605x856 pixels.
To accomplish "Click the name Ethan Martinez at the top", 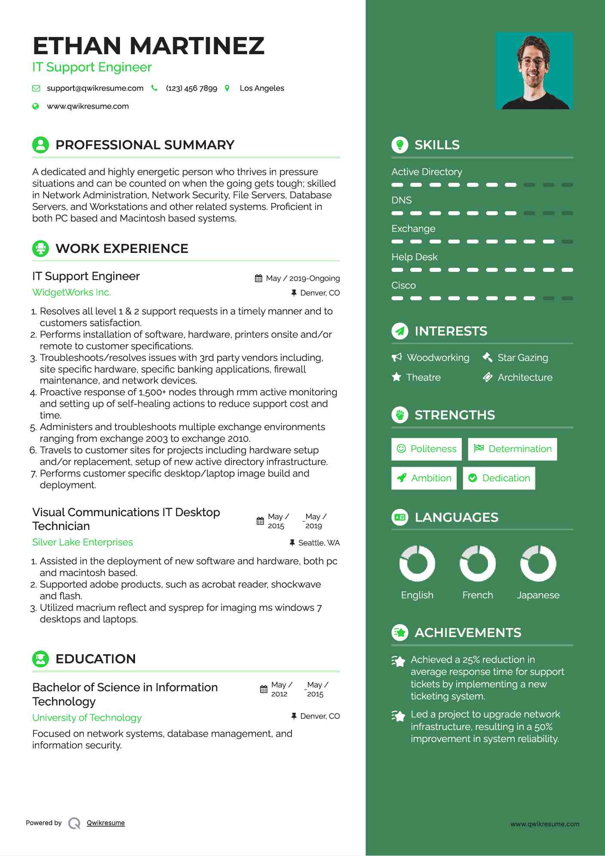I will [x=148, y=46].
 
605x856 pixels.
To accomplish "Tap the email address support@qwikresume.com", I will [x=95, y=88].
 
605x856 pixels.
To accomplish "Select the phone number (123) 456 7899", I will [x=191, y=88].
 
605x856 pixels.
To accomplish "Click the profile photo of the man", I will [x=534, y=71].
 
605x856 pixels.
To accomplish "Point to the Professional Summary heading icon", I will [x=40, y=145].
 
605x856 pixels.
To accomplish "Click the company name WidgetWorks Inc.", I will [x=71, y=293].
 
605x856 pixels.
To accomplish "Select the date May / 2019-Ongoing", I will [x=303, y=278].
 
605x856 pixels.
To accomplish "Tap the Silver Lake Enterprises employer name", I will [x=83, y=542].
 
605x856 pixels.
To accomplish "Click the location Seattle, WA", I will [x=319, y=543].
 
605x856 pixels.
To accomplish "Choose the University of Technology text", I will [x=87, y=718].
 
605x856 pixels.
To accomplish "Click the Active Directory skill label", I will [x=427, y=172].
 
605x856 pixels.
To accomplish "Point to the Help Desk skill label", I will [x=414, y=257].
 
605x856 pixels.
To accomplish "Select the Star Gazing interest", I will [x=522, y=358].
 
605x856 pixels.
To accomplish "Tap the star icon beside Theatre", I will [x=396, y=377].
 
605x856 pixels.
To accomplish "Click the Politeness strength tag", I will [x=426, y=449].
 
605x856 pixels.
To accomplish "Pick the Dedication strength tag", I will [x=499, y=478].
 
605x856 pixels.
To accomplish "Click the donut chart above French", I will [x=477, y=563].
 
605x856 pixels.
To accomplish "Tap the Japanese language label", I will [x=538, y=595].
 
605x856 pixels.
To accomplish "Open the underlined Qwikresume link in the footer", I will [x=106, y=823].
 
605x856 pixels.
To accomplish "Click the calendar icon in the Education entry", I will [x=264, y=690].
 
